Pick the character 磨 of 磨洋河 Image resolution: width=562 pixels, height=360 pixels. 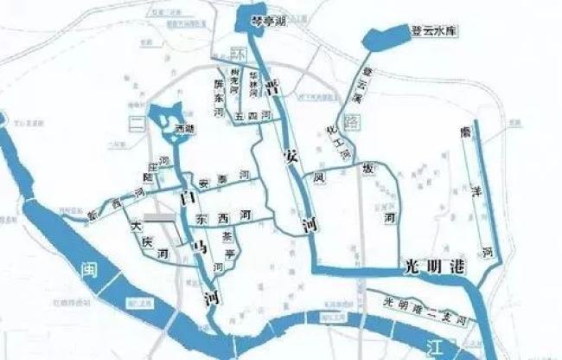point(465,132)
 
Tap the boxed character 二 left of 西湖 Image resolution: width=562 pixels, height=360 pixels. point(136,124)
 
